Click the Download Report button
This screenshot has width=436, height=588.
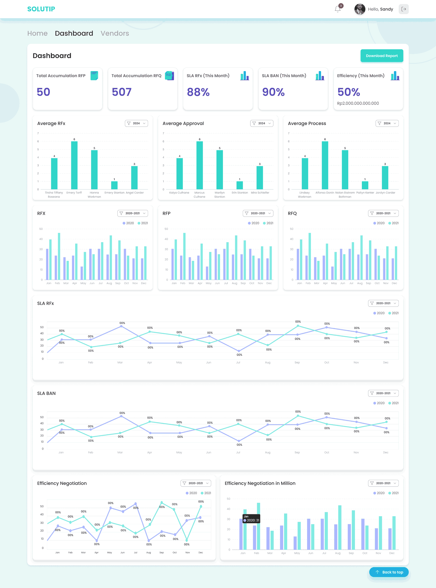point(381,56)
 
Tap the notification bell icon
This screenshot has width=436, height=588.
point(337,9)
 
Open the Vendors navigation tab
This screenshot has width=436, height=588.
point(115,33)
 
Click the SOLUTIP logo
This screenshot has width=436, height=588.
point(41,9)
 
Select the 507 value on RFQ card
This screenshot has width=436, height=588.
point(121,92)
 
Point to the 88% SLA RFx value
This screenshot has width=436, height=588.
point(198,92)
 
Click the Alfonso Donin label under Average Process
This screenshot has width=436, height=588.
point(325,193)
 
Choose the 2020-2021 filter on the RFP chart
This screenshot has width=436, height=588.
point(258,213)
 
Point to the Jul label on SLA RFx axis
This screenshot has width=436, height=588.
point(238,363)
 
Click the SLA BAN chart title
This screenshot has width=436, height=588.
point(46,393)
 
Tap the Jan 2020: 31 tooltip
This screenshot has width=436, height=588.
point(251,519)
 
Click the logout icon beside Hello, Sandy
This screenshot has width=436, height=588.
point(403,9)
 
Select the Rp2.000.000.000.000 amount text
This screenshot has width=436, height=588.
point(358,103)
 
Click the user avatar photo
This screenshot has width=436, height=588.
point(359,9)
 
